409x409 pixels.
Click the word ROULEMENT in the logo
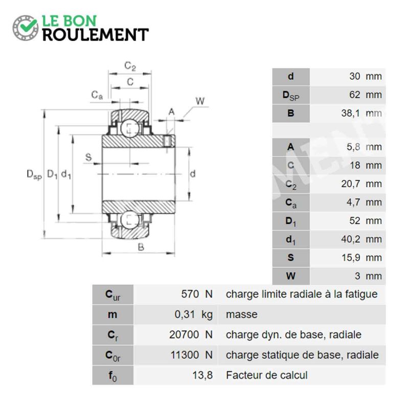[x=96, y=35]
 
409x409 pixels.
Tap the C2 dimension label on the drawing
[x=130, y=66]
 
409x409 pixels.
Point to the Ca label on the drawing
[x=97, y=95]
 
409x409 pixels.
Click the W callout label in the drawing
[x=200, y=101]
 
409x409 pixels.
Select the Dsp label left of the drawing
[x=34, y=174]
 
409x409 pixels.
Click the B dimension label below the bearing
[x=141, y=247]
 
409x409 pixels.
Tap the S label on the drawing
[x=88, y=157]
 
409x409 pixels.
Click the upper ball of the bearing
[x=130, y=128]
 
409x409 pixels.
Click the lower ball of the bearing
[x=130, y=220]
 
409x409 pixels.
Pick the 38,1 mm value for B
[x=361, y=113]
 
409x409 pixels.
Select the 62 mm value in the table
[x=366, y=95]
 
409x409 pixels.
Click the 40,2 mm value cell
[x=361, y=239]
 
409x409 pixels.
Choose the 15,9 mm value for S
[x=361, y=258]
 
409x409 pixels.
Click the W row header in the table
[x=291, y=276]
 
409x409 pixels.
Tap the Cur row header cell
[x=112, y=294]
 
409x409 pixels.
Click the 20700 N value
[x=191, y=335]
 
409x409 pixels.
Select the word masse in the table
[x=241, y=314]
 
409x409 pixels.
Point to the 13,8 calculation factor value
[x=202, y=375]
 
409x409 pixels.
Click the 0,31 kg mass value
[x=194, y=314]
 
